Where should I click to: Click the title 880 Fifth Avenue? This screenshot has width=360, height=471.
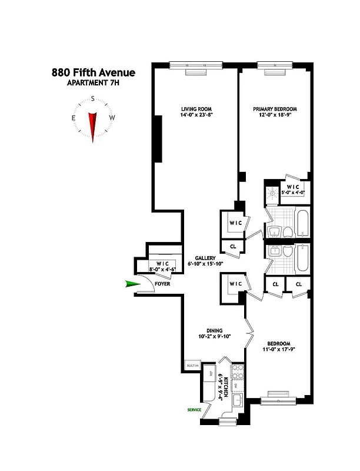coord(92,73)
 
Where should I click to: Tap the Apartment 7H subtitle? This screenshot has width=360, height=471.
coord(92,83)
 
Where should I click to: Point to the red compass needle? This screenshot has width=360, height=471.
coord(92,125)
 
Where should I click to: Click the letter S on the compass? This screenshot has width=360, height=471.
coord(92,99)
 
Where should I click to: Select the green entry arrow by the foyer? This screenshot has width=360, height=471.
coord(133,284)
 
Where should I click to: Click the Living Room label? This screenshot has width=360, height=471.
coord(196,109)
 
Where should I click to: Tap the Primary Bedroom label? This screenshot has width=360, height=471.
coord(275,109)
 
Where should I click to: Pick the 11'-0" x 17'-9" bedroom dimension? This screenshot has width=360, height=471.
coord(278,350)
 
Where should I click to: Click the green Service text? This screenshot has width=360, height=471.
coord(195,409)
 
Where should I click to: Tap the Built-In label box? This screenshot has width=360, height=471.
coord(192,366)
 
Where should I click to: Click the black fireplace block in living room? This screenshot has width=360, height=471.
coord(158,138)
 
